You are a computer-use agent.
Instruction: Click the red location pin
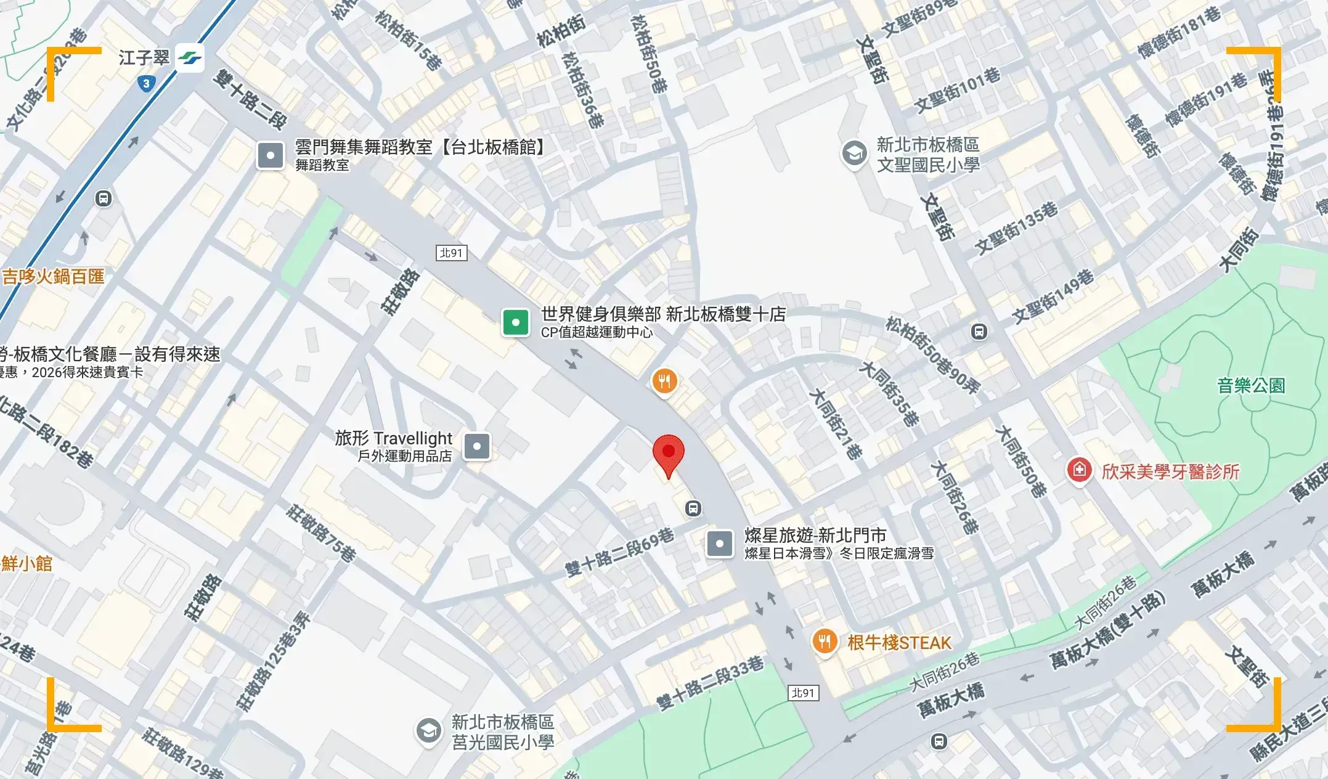click(668, 454)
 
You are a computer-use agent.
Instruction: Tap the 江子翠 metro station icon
click(189, 58)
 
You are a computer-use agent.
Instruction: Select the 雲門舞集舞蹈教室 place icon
click(270, 155)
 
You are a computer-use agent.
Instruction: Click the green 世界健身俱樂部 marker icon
click(516, 322)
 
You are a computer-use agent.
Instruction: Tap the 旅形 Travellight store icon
click(476, 446)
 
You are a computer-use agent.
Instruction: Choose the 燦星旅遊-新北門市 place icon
click(719, 544)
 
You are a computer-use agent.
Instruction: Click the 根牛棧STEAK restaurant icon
click(825, 642)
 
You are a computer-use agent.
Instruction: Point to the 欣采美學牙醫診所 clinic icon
click(1079, 471)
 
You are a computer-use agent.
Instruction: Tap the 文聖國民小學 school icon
click(854, 153)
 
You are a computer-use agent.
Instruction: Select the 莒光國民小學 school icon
click(428, 731)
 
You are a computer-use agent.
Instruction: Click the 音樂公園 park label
click(1251, 386)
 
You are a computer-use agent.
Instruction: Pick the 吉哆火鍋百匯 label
click(53, 276)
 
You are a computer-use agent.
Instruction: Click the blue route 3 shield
click(146, 83)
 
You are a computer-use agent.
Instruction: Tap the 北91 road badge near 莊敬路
click(452, 253)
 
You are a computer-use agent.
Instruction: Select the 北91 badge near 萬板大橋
click(803, 693)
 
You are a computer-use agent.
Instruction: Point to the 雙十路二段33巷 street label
click(710, 683)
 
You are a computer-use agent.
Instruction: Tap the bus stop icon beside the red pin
click(693, 508)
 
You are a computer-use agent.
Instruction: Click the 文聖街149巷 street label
click(1053, 296)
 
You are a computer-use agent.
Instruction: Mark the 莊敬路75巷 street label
click(321, 533)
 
